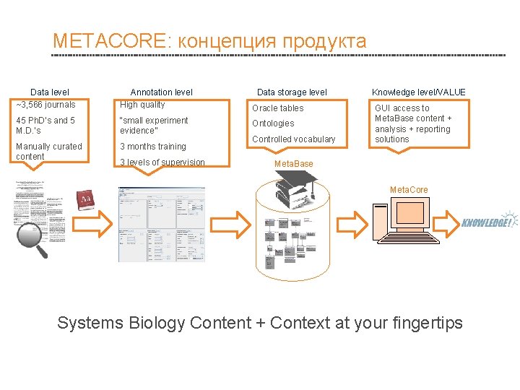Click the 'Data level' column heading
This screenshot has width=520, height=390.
pos(50,92)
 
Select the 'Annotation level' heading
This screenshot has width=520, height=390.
pos(161,92)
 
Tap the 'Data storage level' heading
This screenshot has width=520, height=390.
pos(292,92)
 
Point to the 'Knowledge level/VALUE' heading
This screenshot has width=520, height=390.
pos(419,92)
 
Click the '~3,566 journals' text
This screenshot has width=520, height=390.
pos(45,105)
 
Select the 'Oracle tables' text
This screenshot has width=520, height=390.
pos(278,108)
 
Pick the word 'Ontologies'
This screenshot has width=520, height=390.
pos(273,123)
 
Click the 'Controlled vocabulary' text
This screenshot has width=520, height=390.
pos(294,139)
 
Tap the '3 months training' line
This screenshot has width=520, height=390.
pos(153,147)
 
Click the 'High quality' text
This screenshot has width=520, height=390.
pos(142,105)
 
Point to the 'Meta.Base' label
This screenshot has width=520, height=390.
pos(294,164)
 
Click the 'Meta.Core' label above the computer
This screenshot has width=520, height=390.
pos(409,190)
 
